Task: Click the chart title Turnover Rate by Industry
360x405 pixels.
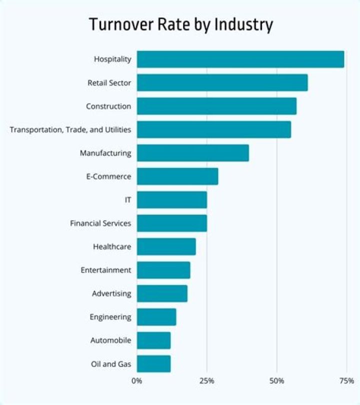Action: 181,24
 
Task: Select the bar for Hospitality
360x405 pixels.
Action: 240,59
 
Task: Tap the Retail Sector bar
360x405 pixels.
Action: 222,82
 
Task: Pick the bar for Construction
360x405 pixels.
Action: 216,106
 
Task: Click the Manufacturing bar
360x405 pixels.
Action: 192,153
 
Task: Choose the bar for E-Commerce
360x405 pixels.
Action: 177,176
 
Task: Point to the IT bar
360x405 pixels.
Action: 171,200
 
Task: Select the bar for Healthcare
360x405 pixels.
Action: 166,246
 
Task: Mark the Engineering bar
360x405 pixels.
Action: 156,317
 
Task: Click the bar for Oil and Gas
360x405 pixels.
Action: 153,363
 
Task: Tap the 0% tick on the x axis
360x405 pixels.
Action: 137,381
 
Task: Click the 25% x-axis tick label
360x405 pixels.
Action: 207,381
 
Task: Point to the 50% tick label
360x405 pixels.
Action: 277,381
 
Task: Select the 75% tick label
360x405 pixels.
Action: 346,381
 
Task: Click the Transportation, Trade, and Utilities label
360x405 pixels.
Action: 70,130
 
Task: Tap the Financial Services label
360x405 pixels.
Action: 100,223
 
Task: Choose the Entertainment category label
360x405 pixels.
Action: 106,270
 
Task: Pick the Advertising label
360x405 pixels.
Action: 111,293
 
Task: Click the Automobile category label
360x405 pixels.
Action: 110,340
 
